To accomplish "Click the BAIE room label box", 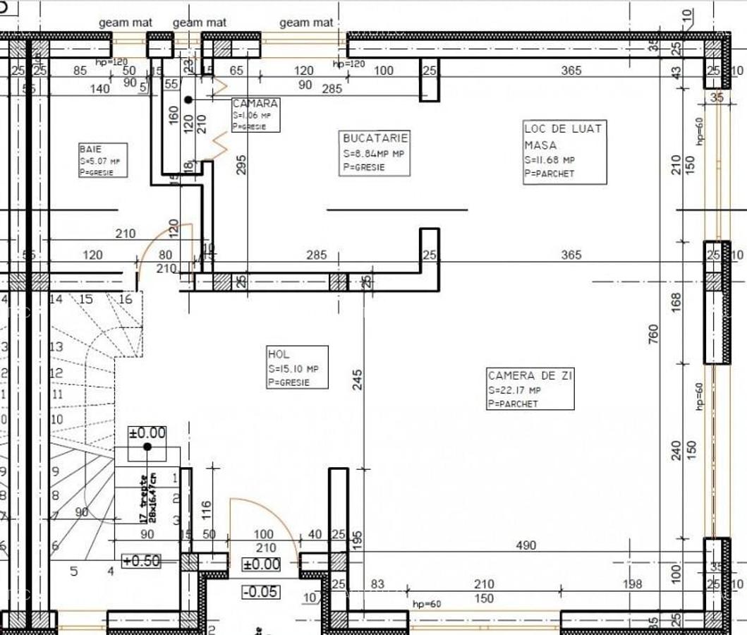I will pos(103,160).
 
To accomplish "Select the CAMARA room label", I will pos(255,114).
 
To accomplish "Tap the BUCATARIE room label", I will pos(374,152).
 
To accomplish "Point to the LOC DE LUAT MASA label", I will pos(564,152).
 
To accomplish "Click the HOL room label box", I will pos(298,367).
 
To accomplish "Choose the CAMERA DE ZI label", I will pos(530,388).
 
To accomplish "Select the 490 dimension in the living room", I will pos(526,545).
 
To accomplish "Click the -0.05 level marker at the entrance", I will pos(260,591).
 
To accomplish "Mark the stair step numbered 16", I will pos(126,299).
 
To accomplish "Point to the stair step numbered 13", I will pos(56,347).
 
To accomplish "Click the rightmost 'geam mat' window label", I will pos(306,23).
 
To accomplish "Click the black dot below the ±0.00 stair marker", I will pos(147,447).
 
